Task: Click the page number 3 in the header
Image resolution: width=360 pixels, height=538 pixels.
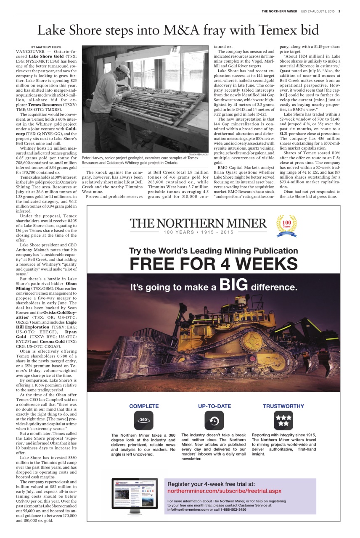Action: (339, 11)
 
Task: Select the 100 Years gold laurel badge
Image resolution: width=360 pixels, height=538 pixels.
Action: (286, 225)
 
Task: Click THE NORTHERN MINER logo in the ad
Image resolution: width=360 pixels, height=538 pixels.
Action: (198, 223)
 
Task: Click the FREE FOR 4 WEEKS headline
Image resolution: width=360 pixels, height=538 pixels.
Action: (213, 264)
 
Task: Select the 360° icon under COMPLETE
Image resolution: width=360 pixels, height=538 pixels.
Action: (143, 420)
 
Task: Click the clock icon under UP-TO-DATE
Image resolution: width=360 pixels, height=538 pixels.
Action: (214, 420)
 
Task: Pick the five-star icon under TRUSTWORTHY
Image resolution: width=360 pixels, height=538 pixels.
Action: (283, 420)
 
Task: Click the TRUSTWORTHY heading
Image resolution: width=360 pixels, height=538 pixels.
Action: (283, 406)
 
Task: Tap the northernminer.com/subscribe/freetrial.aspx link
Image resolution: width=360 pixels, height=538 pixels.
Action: (224, 491)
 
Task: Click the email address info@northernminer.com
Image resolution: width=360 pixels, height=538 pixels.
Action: (188, 509)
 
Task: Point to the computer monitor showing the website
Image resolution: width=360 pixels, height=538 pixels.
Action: (135, 495)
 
